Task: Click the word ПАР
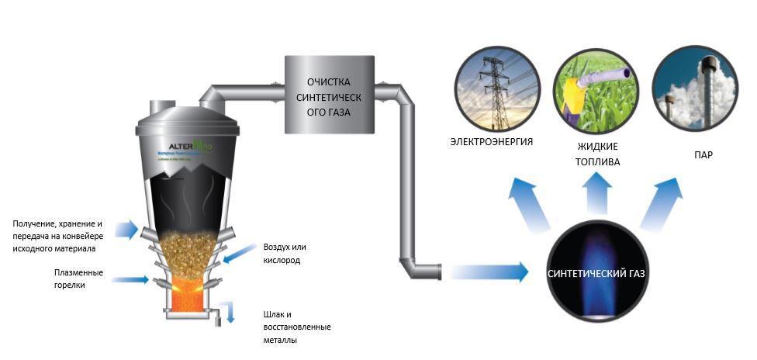(x=703, y=155)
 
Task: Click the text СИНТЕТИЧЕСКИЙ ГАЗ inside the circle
(x=596, y=274)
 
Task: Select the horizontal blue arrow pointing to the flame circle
(x=487, y=272)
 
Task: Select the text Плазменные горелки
(x=78, y=279)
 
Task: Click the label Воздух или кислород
(x=287, y=254)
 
